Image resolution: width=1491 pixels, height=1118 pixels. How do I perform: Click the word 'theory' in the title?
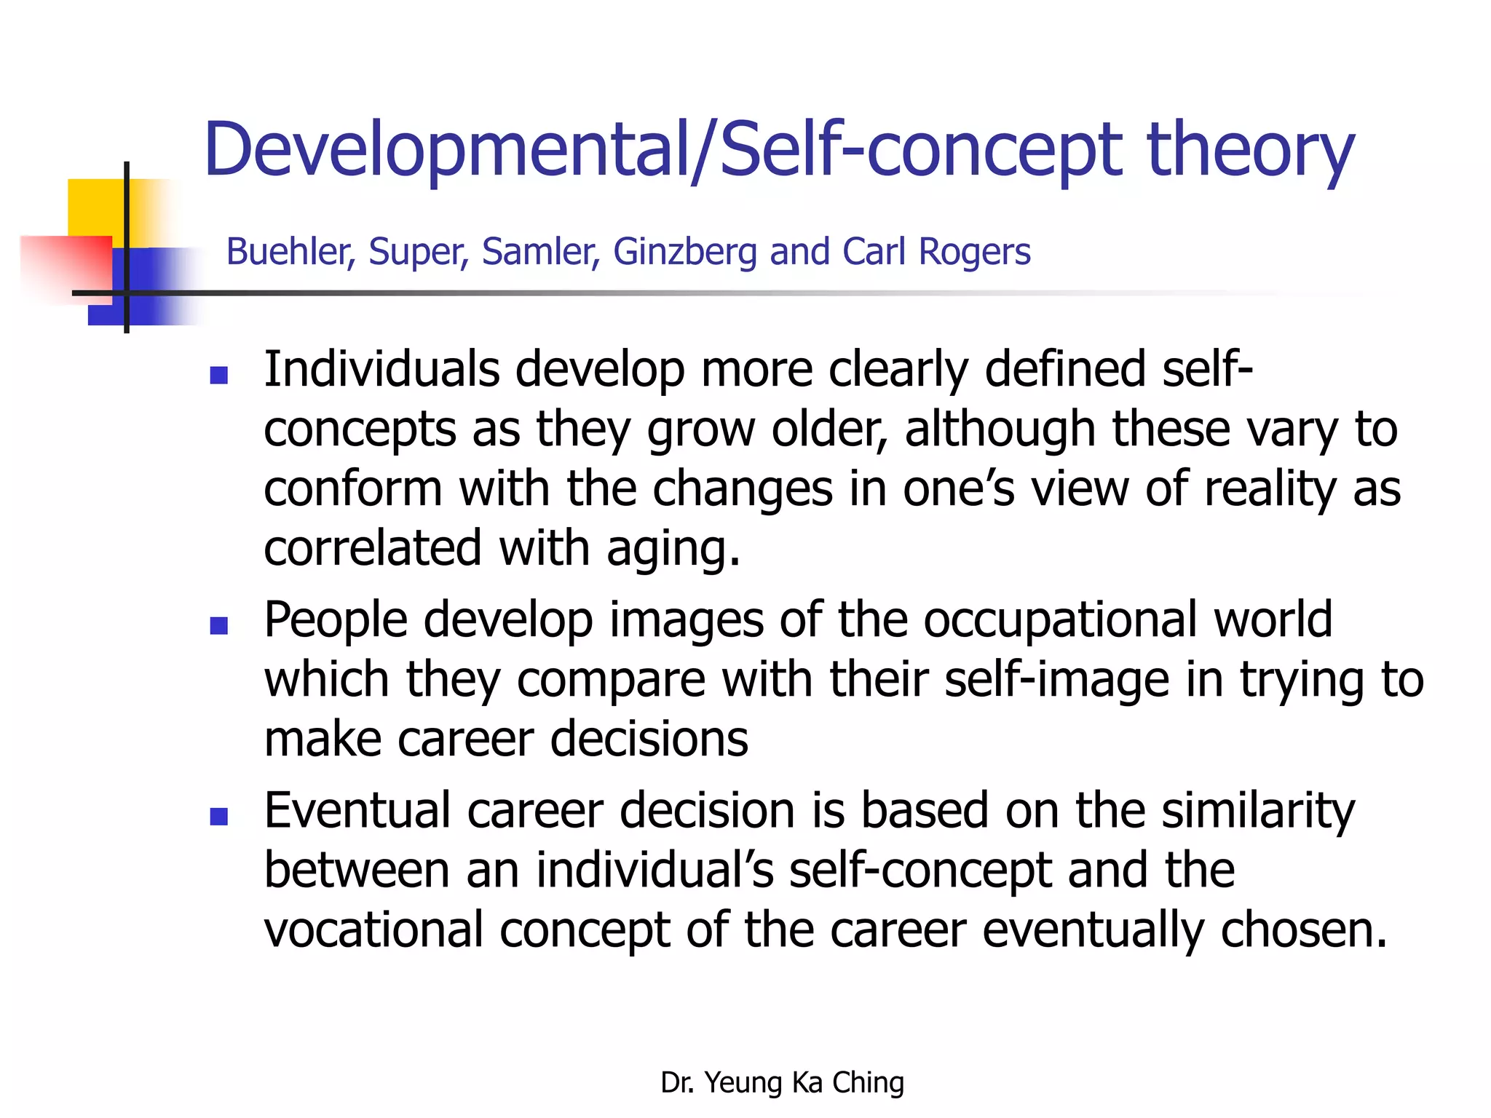(x=1250, y=151)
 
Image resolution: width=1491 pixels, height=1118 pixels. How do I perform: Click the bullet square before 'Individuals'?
(x=218, y=375)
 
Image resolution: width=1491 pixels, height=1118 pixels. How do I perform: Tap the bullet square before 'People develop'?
(x=218, y=625)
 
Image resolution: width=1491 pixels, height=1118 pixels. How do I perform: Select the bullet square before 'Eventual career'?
(x=218, y=816)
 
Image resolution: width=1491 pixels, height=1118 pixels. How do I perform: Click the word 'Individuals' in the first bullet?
(x=381, y=369)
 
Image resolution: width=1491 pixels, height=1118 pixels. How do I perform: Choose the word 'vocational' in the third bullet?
(x=373, y=929)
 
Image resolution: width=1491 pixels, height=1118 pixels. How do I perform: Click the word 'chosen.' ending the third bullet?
(x=1304, y=929)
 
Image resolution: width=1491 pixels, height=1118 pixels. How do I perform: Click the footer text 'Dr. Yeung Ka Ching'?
(x=782, y=1082)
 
